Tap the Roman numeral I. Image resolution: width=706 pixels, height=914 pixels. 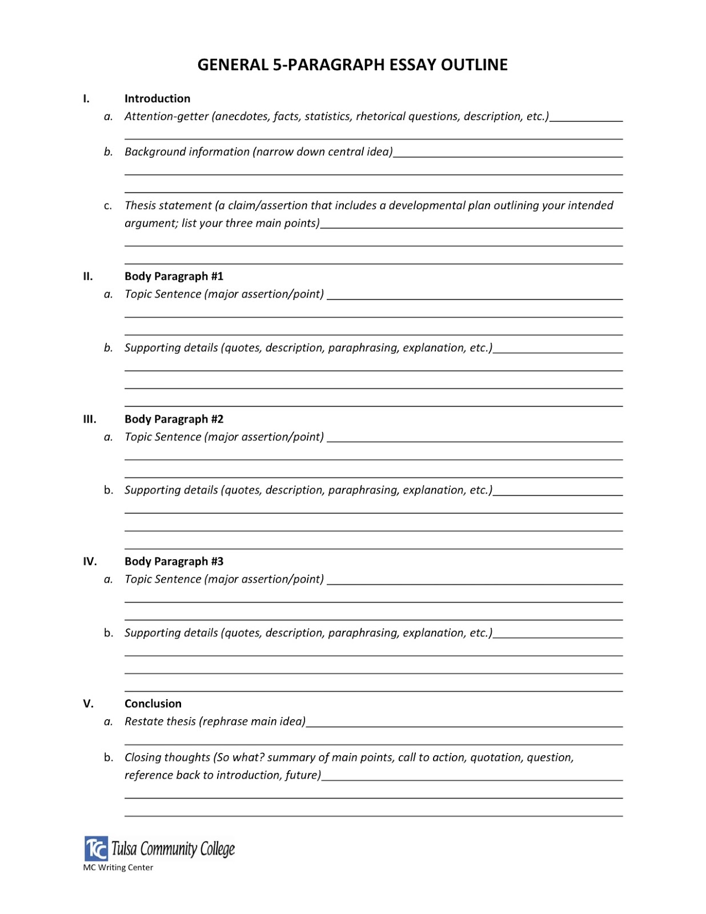[86, 99]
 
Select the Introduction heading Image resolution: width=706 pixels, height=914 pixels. [157, 99]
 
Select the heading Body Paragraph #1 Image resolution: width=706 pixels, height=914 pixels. [174, 276]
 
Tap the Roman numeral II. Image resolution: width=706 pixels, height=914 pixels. [88, 276]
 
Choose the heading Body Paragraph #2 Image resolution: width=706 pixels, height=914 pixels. [174, 419]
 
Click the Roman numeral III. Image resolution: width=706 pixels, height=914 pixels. [90, 419]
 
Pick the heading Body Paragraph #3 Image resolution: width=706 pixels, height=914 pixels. [174, 562]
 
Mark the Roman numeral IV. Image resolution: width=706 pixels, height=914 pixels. [90, 562]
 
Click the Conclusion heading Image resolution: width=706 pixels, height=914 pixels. [153, 704]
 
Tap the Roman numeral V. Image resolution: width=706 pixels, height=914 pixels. [88, 704]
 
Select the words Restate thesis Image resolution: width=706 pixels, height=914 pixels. [160, 721]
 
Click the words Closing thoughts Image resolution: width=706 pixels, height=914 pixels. [167, 757]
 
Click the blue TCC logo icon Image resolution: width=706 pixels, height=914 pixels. [96, 848]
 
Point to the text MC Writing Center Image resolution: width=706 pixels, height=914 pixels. [118, 867]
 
